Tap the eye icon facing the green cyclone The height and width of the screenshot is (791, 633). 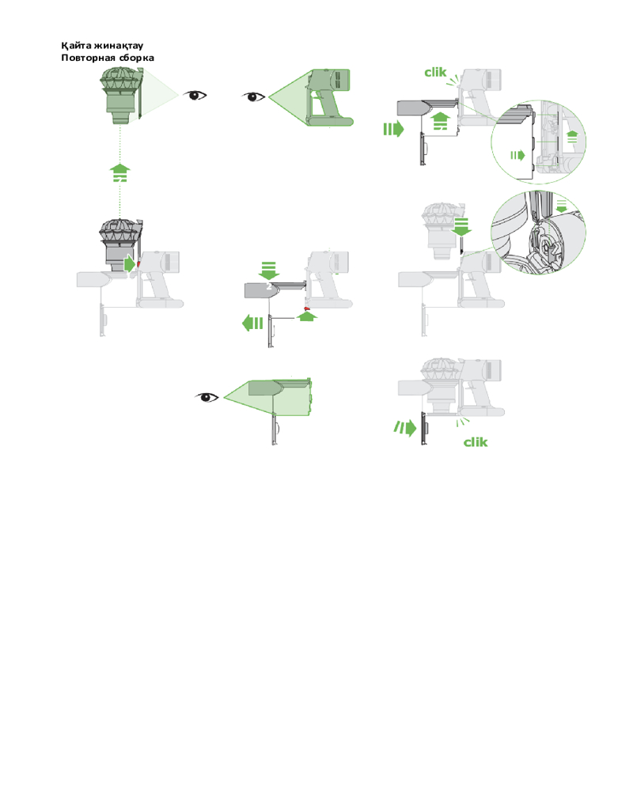point(195,95)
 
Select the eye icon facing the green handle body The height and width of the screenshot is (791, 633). point(253,97)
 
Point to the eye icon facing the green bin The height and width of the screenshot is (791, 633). point(207,398)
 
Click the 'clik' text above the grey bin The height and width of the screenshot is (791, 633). point(435,72)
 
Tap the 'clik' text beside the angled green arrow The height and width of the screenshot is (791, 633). point(476,442)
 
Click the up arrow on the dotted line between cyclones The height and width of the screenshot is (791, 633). point(119,172)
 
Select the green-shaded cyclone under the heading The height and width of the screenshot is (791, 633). point(122,95)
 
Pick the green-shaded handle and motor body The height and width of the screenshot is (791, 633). point(329,97)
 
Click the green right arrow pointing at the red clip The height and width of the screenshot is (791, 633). point(130,263)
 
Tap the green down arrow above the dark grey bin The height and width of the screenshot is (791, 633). point(268,271)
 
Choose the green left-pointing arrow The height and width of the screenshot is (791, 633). point(252,323)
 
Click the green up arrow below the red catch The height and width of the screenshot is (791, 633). point(308,316)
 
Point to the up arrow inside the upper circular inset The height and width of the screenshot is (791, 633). point(572,136)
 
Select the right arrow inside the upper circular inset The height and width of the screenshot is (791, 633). point(517,155)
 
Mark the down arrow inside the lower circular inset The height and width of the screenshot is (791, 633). point(561,206)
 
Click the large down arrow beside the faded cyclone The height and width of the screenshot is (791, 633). point(461,226)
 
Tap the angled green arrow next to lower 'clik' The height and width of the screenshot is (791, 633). point(405,428)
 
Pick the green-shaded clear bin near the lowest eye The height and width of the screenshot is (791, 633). point(279,398)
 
